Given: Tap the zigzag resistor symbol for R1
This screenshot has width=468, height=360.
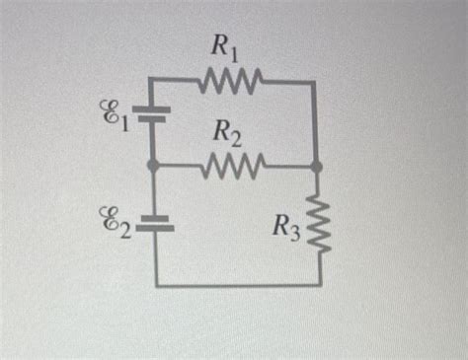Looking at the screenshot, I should (x=230, y=78).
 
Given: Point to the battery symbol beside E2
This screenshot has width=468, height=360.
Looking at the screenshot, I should (x=154, y=223).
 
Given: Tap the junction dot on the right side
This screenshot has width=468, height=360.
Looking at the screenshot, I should (x=316, y=168).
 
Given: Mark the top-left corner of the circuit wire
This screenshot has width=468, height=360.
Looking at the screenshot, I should (x=154, y=79).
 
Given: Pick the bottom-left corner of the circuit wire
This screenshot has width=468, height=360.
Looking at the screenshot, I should (x=155, y=285).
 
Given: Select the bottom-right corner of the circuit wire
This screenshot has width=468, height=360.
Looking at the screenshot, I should (x=318, y=285).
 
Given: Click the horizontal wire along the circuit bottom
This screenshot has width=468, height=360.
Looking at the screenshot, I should (x=237, y=285).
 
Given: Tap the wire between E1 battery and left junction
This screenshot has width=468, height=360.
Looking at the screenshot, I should (x=153, y=143).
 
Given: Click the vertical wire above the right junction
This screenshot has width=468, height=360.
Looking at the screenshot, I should (x=315, y=123).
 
